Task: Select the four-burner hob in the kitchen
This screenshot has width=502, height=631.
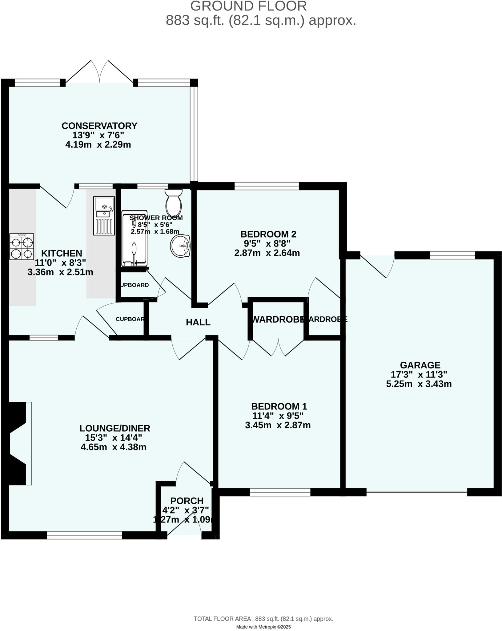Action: [x=22, y=247]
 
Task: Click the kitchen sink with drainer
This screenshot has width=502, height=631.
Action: [x=104, y=216]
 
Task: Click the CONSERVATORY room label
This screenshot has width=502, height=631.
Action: [x=99, y=126]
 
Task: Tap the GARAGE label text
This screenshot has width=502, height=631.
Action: [x=420, y=365]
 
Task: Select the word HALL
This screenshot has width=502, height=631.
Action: [x=198, y=322]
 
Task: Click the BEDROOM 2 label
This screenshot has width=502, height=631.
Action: [x=268, y=234]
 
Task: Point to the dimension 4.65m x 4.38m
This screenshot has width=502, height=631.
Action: [x=113, y=447]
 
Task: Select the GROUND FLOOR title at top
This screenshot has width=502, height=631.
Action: [x=248, y=6]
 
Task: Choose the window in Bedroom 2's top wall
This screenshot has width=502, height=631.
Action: [x=267, y=186]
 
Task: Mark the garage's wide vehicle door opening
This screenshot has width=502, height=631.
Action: [x=417, y=492]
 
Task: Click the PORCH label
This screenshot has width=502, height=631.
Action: [x=187, y=501]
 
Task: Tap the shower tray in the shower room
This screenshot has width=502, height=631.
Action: [x=134, y=239]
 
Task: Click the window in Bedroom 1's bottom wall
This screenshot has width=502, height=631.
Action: [x=280, y=492]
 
